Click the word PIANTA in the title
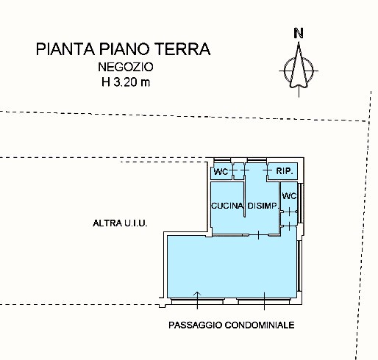[65, 49]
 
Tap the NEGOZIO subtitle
[126, 67]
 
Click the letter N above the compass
[299, 33]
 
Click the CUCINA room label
[227, 206]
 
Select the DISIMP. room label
[263, 206]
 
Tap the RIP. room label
[285, 171]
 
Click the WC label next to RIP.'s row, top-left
[221, 172]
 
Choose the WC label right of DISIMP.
[289, 196]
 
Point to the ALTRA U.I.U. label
[120, 223]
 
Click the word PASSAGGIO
[195, 325]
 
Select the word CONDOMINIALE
[260, 325]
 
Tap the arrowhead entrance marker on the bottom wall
[197, 294]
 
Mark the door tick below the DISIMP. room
[258, 235]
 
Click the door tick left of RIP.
[267, 170]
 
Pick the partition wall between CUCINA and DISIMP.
[244, 199]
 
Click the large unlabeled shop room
[232, 266]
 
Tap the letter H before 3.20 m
[106, 82]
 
